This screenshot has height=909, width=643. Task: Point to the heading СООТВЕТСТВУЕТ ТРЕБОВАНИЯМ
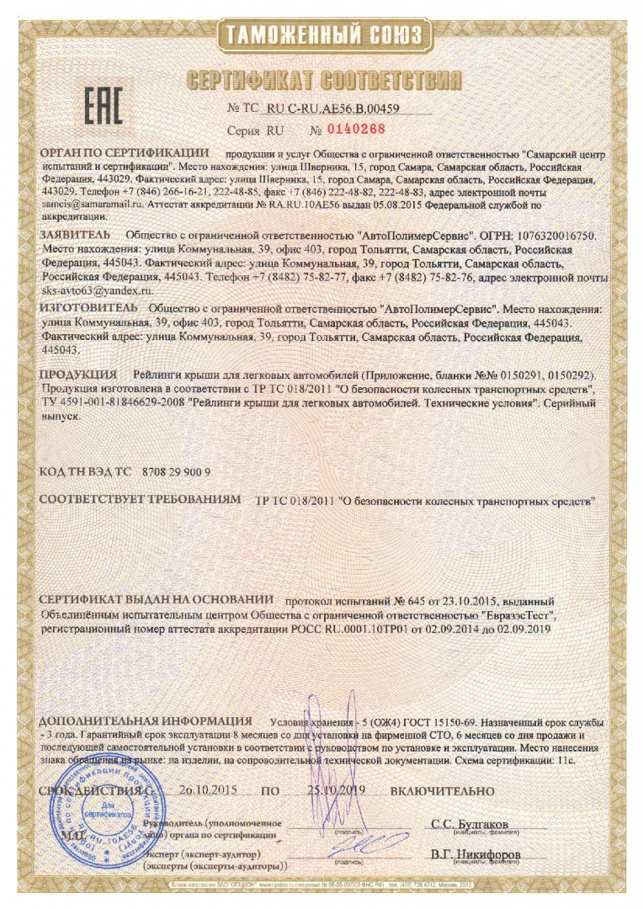[141, 500]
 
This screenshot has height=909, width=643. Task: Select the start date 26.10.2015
[209, 791]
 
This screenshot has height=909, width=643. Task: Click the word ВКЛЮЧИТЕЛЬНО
[442, 791]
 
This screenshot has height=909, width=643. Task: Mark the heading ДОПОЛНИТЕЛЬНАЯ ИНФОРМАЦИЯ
[146, 721]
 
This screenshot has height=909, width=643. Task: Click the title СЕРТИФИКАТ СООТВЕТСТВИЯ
[324, 81]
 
